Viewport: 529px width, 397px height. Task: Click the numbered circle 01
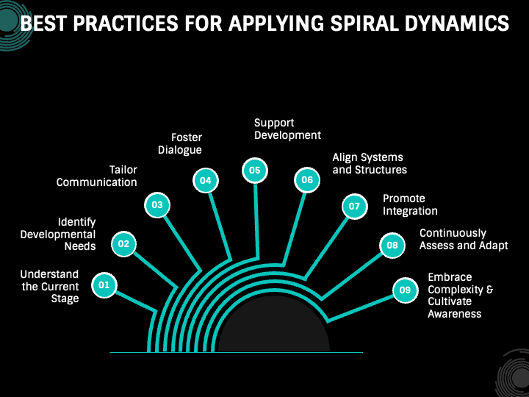tap(104, 285)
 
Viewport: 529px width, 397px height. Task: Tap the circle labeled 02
tap(124, 244)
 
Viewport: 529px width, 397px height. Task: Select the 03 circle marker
tap(157, 205)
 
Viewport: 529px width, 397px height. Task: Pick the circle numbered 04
tap(206, 181)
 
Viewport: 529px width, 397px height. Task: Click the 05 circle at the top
tap(255, 171)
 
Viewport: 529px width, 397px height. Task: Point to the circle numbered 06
tap(307, 180)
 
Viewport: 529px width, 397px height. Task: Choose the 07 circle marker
tap(355, 207)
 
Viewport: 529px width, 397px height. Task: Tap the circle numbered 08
tap(392, 246)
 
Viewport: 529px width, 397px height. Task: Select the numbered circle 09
tap(405, 290)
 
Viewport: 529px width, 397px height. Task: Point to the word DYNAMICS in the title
tap(456, 24)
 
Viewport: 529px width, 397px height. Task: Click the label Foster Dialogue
tap(180, 143)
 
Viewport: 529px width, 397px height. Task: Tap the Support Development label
tap(287, 129)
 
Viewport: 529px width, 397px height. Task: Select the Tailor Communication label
tap(97, 176)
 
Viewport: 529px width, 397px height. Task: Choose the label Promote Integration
tap(410, 204)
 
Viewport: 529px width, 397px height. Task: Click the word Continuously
tap(453, 233)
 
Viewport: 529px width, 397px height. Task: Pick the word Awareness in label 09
tap(455, 314)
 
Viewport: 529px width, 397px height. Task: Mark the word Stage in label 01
tap(65, 298)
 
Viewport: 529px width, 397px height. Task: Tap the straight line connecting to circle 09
tap(361, 308)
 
